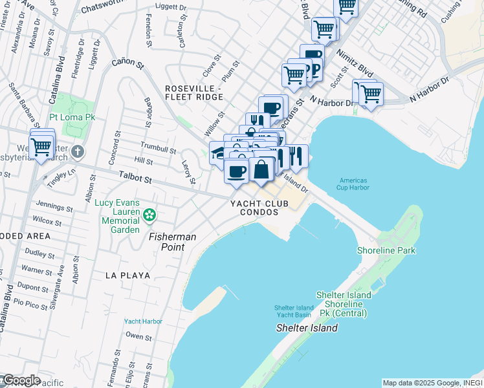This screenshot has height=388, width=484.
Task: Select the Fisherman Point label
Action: point(173,237)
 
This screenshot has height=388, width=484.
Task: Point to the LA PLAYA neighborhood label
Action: point(128,275)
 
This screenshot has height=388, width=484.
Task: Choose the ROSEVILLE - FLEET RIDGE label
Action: point(193,92)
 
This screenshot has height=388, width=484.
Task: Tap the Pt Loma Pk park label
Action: point(72,118)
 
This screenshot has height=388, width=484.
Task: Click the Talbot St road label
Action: point(135,177)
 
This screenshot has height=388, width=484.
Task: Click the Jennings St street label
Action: point(54,207)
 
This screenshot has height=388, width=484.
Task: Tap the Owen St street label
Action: point(138,336)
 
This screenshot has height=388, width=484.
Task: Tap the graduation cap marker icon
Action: point(219,154)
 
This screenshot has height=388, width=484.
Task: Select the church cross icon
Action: point(77,152)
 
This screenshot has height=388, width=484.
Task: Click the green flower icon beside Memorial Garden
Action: point(150,214)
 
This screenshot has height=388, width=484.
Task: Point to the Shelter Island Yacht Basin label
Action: point(293,311)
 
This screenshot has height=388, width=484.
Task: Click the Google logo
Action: point(21,380)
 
